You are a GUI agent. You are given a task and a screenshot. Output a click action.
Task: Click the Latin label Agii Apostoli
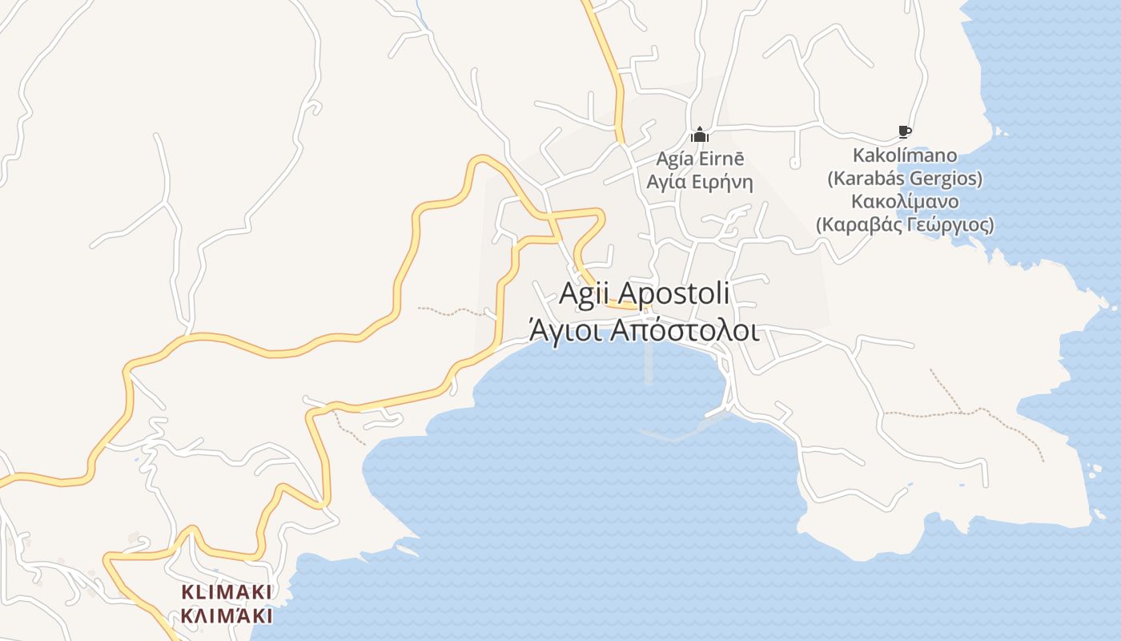pos(645,293)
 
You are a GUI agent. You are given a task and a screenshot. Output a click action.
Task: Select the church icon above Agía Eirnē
pos(700,134)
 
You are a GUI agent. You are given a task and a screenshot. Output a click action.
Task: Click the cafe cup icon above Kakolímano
pos(905,131)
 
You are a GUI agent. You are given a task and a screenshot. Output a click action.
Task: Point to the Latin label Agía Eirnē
pos(700,158)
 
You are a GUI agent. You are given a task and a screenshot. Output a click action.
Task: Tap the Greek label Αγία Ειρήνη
pos(700,182)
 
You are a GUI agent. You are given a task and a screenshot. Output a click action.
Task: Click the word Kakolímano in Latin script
pos(905,155)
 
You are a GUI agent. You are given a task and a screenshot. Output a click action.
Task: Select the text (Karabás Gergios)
pos(905,178)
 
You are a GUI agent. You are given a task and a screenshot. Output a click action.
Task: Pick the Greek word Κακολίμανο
pos(905,201)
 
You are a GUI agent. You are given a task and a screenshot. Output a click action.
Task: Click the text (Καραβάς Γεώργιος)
pos(905,224)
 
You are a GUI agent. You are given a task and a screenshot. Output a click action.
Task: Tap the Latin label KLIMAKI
pos(227,592)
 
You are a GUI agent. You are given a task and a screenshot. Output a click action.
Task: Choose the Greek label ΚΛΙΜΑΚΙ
pos(227,615)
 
